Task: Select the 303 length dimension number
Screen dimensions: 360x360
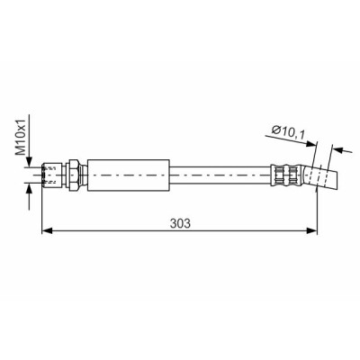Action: coord(180,223)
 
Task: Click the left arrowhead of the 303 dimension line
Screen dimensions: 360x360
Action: coord(47,230)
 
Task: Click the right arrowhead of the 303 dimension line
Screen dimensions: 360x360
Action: coord(311,230)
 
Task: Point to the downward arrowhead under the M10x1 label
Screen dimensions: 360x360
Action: coord(29,162)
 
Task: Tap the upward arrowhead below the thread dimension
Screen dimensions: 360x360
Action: coord(29,189)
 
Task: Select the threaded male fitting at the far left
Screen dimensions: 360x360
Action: coord(52,175)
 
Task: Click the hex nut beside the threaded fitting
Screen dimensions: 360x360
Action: coord(74,175)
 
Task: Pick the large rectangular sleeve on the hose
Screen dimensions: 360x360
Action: coord(129,175)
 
